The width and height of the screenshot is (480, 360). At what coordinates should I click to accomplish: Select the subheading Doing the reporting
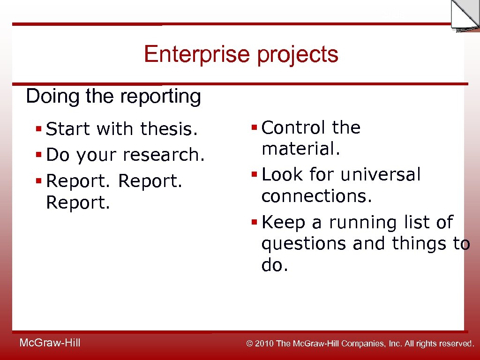(x=113, y=97)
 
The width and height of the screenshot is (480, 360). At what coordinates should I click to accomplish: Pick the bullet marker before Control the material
(x=255, y=127)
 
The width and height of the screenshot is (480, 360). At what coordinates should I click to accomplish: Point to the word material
(x=300, y=150)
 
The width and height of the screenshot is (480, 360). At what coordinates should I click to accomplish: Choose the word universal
(x=381, y=175)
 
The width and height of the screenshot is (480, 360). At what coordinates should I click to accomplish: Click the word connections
(x=316, y=197)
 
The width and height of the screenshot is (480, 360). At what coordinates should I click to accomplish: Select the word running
(x=361, y=223)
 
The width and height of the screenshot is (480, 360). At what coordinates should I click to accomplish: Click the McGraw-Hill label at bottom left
(x=50, y=343)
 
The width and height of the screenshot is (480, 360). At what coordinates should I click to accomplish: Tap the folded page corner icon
(x=464, y=15)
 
